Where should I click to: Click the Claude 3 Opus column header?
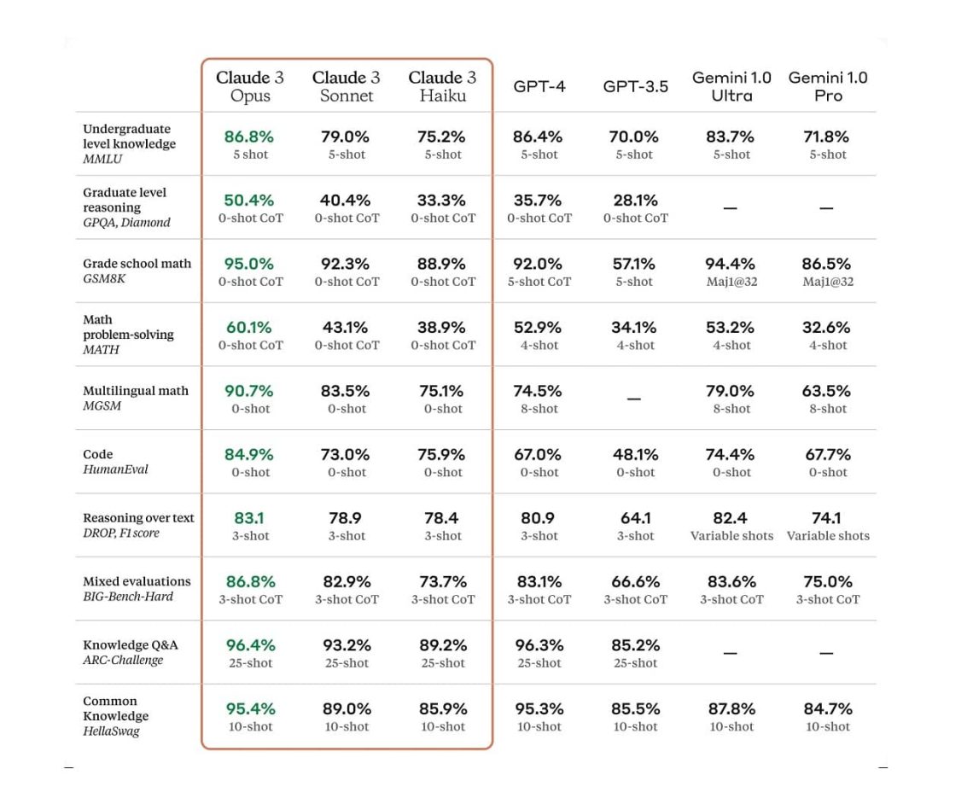click(x=250, y=86)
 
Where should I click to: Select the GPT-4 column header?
click(x=539, y=86)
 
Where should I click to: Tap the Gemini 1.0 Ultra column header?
click(x=731, y=86)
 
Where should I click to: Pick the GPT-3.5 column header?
click(x=635, y=86)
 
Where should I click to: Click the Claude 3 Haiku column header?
click(x=442, y=86)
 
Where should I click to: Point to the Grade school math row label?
click(x=137, y=264)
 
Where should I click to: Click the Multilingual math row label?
click(x=136, y=391)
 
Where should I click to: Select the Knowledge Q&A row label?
click(x=131, y=645)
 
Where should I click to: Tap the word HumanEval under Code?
click(x=115, y=469)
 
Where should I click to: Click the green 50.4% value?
click(x=249, y=201)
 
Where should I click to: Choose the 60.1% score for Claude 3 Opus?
click(x=249, y=328)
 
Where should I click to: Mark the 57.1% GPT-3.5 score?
click(x=634, y=264)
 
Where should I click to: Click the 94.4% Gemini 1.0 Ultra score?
click(x=731, y=264)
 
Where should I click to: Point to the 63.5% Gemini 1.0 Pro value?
click(x=827, y=391)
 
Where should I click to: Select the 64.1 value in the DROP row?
click(x=635, y=518)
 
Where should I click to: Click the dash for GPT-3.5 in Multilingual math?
click(x=634, y=399)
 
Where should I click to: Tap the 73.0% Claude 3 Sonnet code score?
click(x=346, y=455)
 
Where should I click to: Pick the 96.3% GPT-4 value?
click(x=539, y=645)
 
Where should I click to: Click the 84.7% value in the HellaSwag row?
click(x=827, y=709)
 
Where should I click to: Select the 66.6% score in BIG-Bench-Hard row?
click(x=635, y=582)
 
